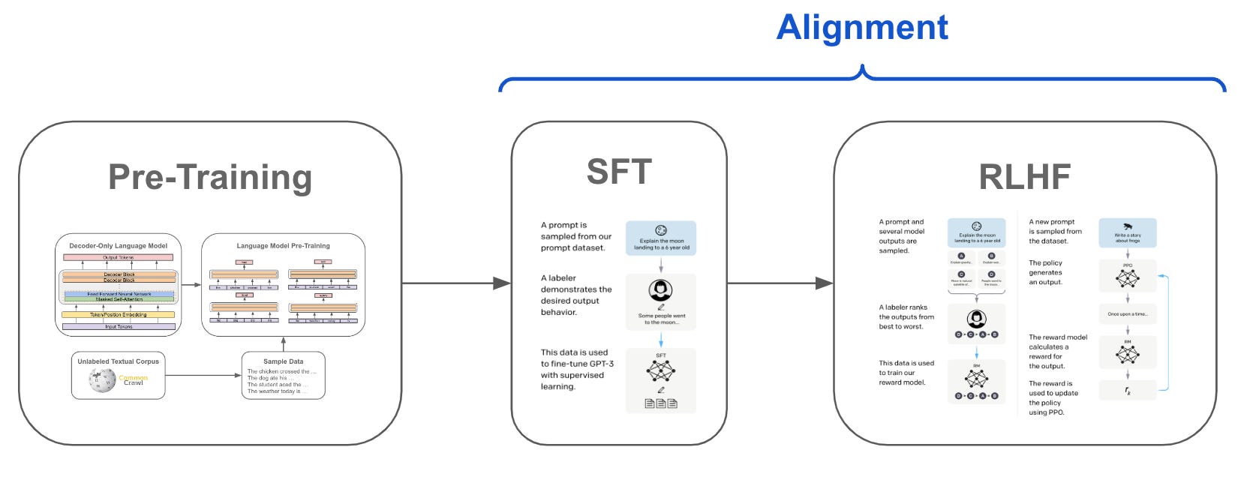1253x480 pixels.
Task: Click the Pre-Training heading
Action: (210, 177)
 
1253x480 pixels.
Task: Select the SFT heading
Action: (619, 172)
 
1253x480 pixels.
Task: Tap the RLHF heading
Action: (1024, 177)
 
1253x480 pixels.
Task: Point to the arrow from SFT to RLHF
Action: (780, 283)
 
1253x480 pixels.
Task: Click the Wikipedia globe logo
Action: (102, 380)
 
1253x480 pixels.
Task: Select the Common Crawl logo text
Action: (134, 380)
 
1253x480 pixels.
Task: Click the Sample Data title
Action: (283, 361)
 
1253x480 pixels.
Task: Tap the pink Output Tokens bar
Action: (119, 257)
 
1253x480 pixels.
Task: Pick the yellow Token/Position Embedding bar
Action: (119, 315)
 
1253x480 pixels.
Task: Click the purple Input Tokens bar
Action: (119, 327)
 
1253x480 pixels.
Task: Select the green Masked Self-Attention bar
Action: (119, 299)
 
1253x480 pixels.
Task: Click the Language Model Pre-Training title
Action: (283, 245)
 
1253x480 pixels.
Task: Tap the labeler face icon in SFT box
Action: (661, 290)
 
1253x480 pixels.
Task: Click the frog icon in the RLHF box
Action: (1127, 226)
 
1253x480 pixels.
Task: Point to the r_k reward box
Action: (1127, 391)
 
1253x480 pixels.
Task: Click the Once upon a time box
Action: (1127, 314)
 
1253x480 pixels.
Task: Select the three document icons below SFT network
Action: (661, 403)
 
